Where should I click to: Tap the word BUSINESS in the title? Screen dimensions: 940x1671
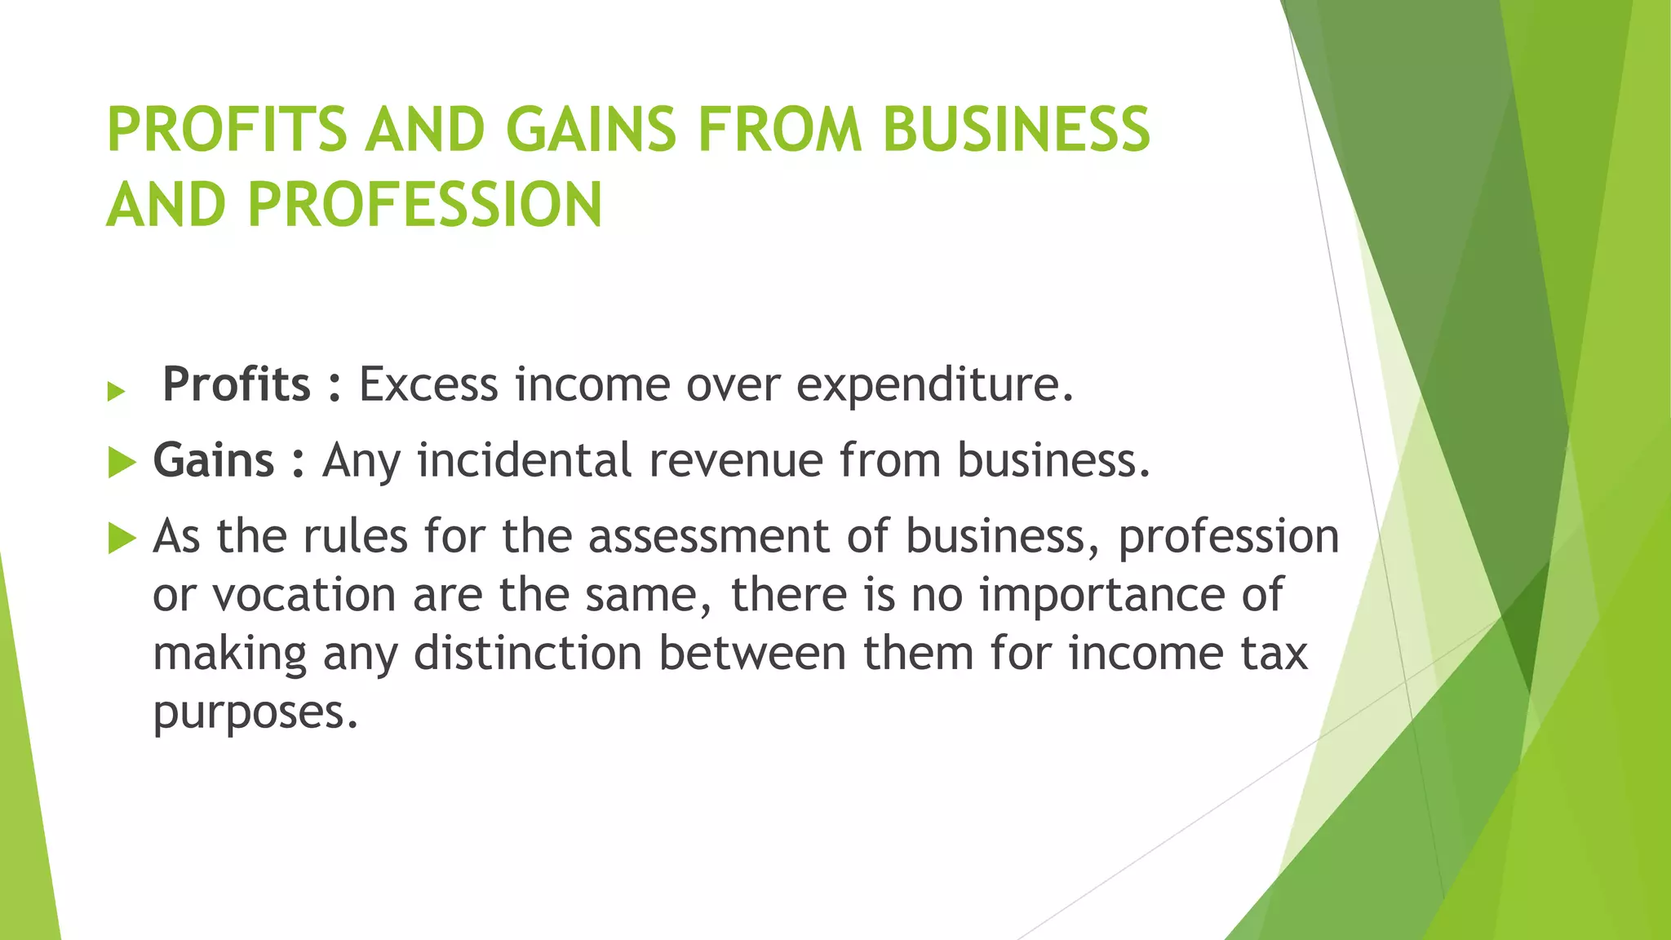pyautogui.click(x=1016, y=130)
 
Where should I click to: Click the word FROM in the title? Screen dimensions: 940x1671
pyautogui.click(x=780, y=130)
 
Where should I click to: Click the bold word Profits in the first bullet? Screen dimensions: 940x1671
pyautogui.click(x=237, y=384)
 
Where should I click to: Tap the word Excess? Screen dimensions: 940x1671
pyautogui.click(x=428, y=384)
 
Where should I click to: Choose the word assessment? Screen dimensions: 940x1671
pyautogui.click(x=708, y=537)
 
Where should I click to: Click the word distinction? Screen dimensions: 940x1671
pyautogui.click(x=528, y=654)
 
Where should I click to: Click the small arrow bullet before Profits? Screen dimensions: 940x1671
pyautogui.click(x=116, y=392)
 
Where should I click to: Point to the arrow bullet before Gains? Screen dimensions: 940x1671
pyautogui.click(x=122, y=463)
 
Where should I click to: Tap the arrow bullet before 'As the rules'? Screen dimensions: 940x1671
pyautogui.click(x=122, y=539)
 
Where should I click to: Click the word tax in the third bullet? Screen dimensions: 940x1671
pyautogui.click(x=1274, y=654)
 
